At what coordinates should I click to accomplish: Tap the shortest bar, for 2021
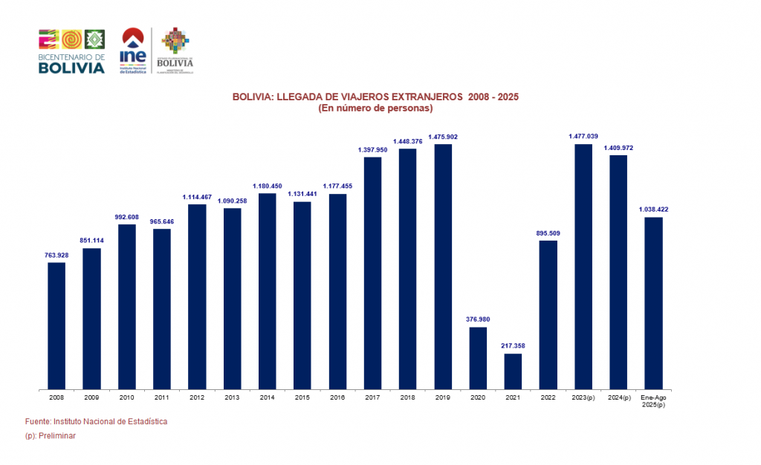[x=513, y=371]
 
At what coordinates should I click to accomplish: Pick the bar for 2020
[x=478, y=357]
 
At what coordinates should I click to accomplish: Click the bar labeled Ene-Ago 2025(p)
[x=653, y=302]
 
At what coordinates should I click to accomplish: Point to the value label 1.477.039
[x=583, y=136]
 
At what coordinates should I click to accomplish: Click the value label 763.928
[x=56, y=255]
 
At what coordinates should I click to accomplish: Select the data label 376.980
[x=478, y=319]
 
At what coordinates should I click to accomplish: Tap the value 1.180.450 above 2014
[x=268, y=186]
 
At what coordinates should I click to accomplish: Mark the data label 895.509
[x=548, y=232]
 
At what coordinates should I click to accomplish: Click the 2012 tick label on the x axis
[x=197, y=398]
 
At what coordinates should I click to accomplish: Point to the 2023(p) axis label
[x=583, y=398]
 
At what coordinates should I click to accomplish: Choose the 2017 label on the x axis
[x=372, y=398]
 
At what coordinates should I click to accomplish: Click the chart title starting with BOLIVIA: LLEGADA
[x=375, y=97]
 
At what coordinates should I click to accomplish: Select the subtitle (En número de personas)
[x=375, y=108]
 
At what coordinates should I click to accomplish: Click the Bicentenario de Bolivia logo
[x=71, y=51]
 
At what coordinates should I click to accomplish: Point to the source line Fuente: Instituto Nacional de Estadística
[x=97, y=421]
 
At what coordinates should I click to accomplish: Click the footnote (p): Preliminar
[x=51, y=436]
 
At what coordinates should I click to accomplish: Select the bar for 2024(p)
[x=618, y=271]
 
